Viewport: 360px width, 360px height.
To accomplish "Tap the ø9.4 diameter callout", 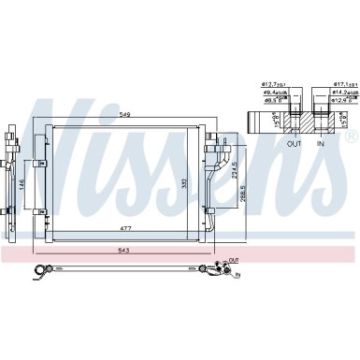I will pyautogui.click(x=273, y=93).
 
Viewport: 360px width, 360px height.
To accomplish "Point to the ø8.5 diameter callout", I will pyautogui.click(x=273, y=100).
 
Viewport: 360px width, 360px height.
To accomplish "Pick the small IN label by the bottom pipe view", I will pyautogui.click(x=238, y=276).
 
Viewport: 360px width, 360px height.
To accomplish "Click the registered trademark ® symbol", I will pyautogui.click(x=350, y=136).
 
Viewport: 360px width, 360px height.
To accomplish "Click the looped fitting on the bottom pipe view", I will pyautogui.click(x=42, y=271).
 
